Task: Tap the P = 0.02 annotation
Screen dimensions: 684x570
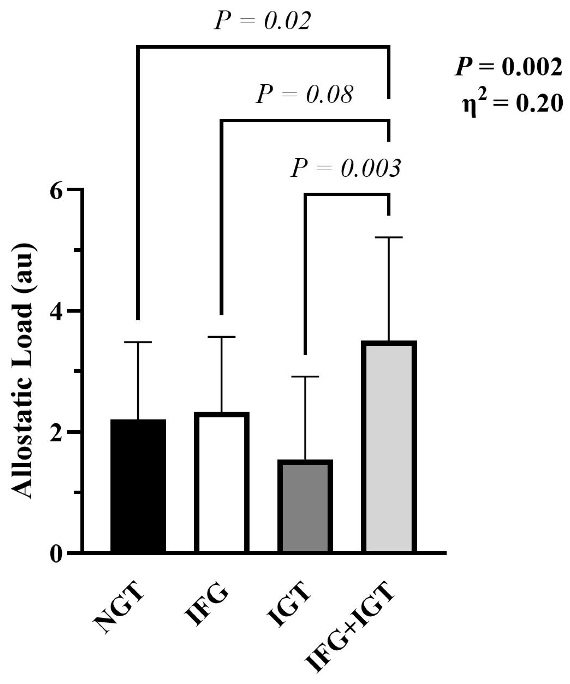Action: pyautogui.click(x=263, y=22)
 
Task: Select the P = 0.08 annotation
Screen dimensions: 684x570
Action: pyautogui.click(x=305, y=94)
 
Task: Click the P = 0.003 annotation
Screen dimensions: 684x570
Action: pyautogui.click(x=346, y=169)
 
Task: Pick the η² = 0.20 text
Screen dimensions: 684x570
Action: pyautogui.click(x=512, y=103)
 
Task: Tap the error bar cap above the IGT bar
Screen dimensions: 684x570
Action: pyautogui.click(x=305, y=376)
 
